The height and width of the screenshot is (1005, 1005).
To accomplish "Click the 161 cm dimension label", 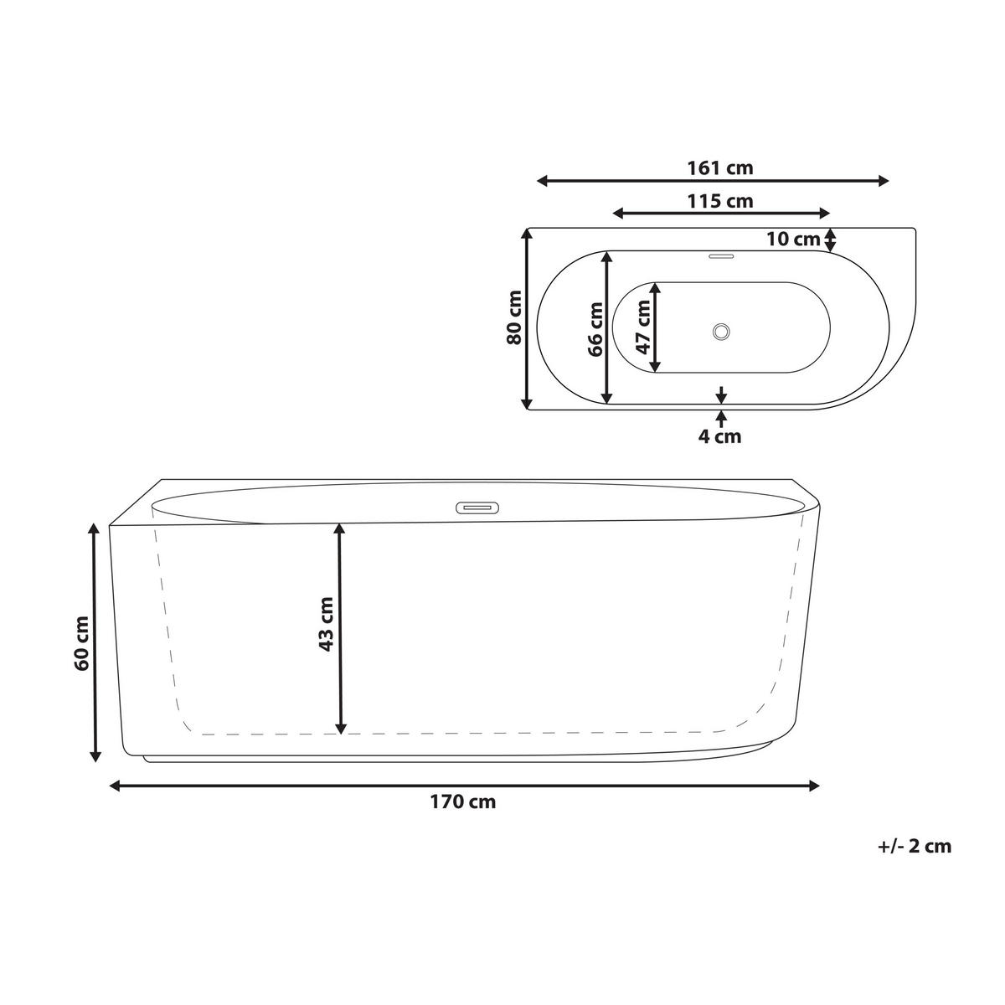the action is click(719, 168).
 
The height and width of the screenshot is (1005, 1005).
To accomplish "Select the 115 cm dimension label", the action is click(719, 201).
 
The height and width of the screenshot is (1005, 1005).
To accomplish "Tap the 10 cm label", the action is click(793, 240).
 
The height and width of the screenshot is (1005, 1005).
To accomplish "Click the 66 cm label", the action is click(595, 329).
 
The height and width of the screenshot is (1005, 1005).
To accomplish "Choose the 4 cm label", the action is click(719, 436).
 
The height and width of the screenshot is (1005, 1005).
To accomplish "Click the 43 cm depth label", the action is click(326, 624).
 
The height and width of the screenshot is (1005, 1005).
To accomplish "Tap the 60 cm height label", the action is click(81, 643).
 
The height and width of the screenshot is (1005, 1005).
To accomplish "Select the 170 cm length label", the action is click(462, 801).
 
